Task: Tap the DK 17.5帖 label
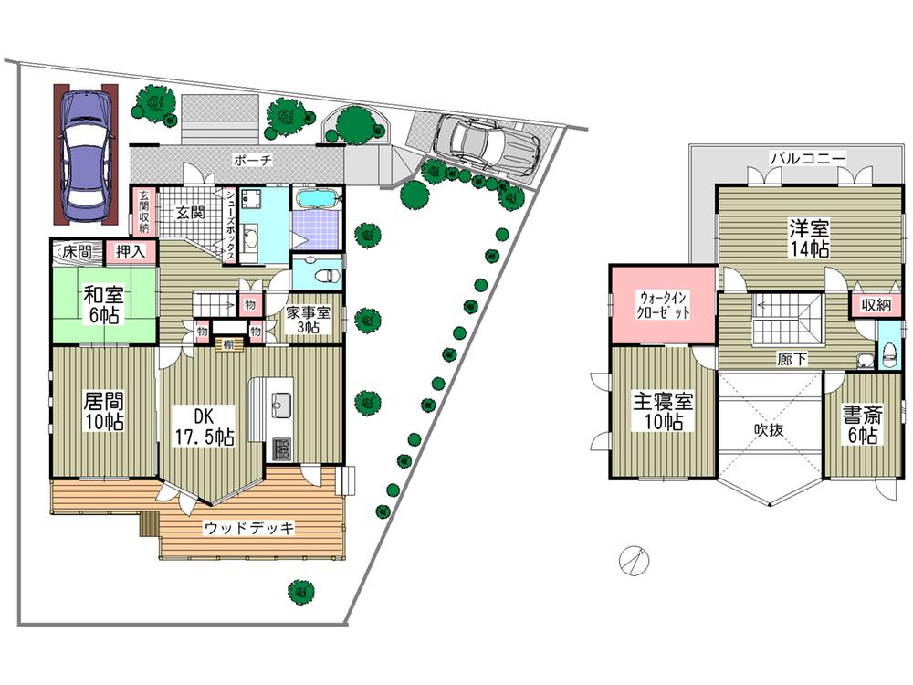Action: (x=204, y=425)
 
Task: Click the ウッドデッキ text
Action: (x=248, y=527)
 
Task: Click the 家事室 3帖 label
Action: (x=305, y=320)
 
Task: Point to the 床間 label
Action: (x=77, y=250)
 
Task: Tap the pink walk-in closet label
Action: (x=664, y=304)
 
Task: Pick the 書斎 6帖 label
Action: (x=861, y=425)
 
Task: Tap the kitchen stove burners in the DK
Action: (x=279, y=448)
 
